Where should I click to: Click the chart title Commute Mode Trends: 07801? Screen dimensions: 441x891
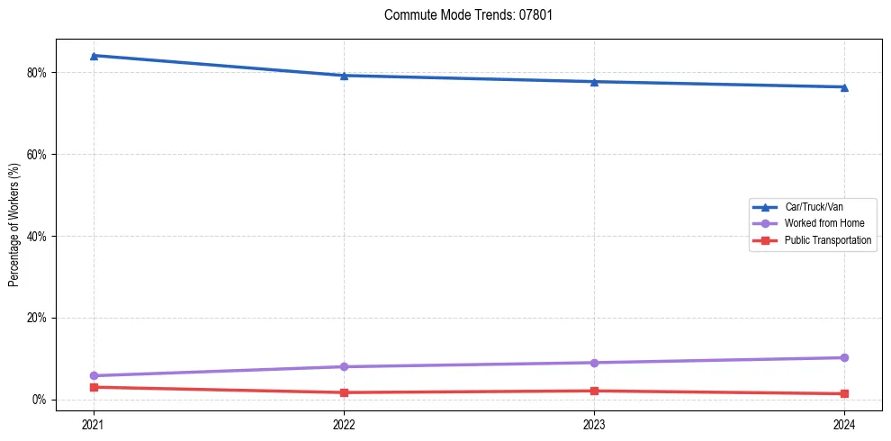coord(462,15)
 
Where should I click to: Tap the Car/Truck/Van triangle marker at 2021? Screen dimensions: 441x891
coord(94,56)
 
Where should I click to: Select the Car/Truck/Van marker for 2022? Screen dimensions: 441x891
coord(344,76)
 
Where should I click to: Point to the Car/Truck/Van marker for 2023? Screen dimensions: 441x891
coord(594,82)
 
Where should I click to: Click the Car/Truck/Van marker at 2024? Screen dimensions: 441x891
coord(844,87)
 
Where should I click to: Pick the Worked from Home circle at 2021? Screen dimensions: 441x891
coord(94,375)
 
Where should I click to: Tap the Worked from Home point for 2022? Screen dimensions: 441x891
coord(344,366)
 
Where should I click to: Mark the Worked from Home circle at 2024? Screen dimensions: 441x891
coord(844,357)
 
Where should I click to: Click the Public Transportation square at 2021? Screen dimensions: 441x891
coord(94,387)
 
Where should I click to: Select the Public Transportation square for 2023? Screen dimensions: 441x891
coord(594,391)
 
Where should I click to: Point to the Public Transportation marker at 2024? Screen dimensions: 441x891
coord(844,393)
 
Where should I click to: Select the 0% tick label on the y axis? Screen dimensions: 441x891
coord(39,400)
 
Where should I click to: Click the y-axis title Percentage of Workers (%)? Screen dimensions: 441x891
coord(14,225)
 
